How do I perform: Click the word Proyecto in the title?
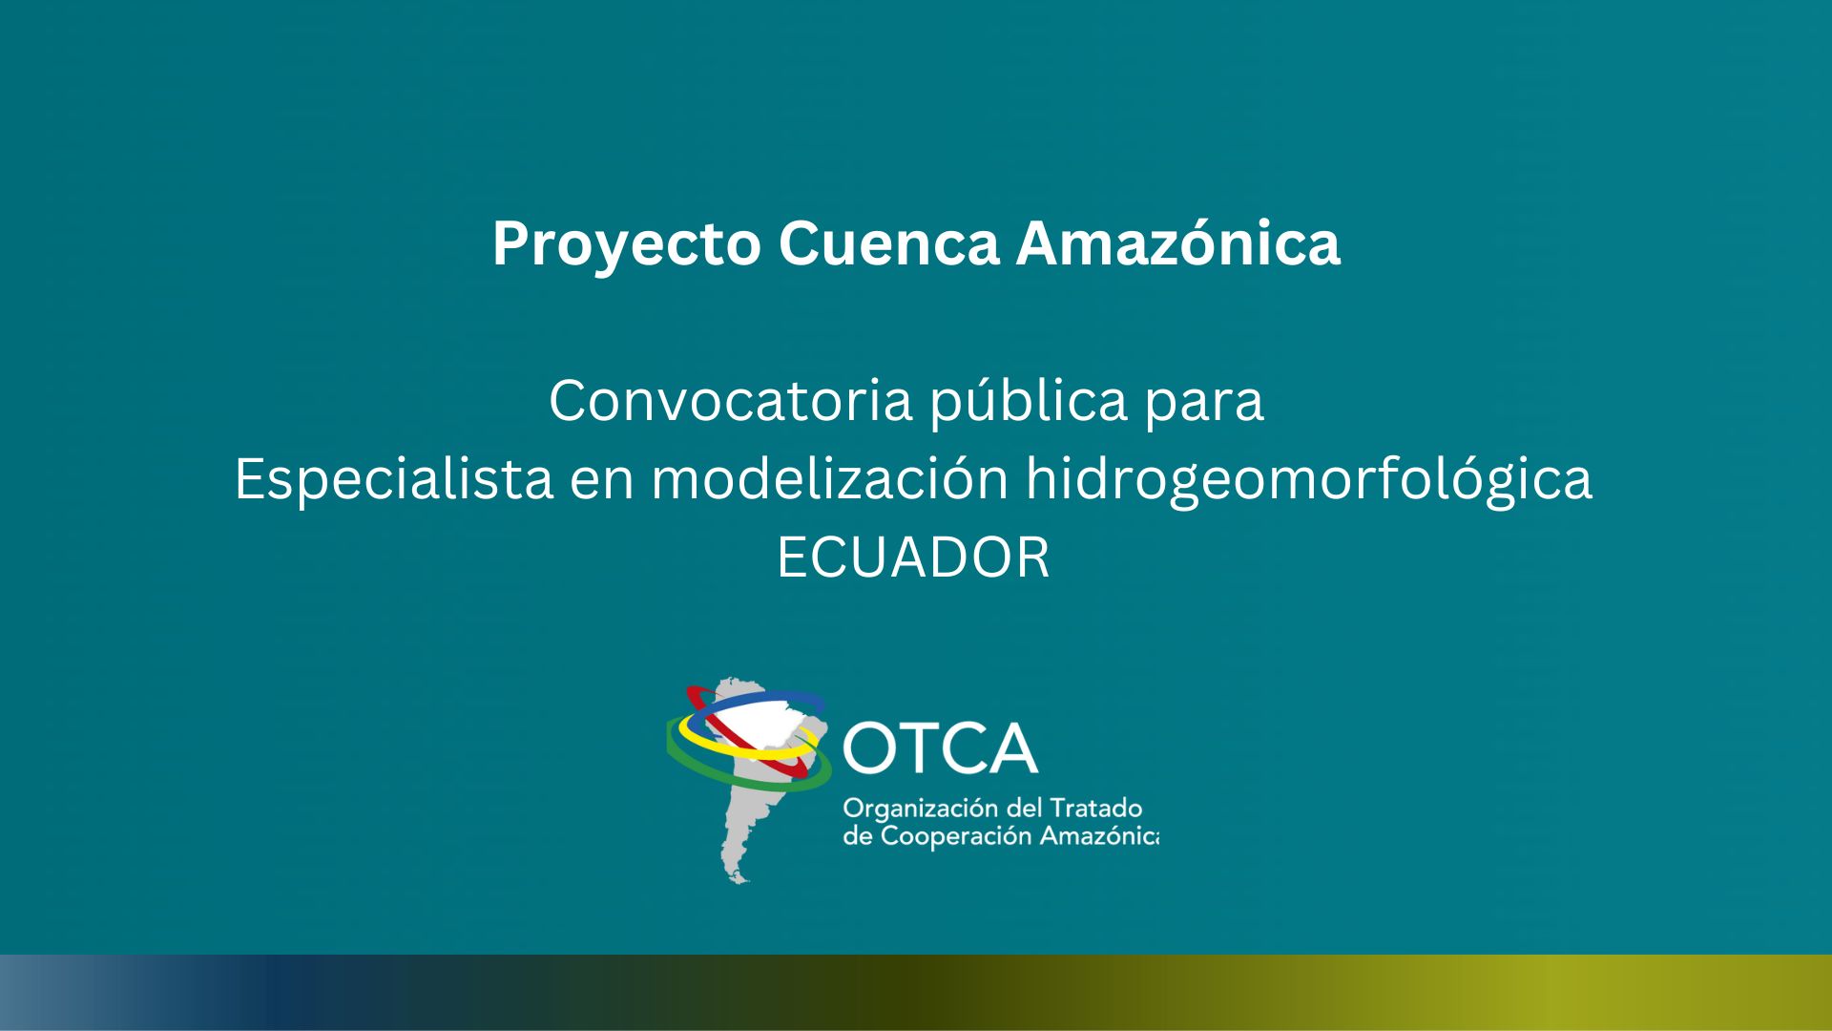626,245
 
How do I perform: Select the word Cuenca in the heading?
888,243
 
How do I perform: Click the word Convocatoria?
731,400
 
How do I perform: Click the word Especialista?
394,478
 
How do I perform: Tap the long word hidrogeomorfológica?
1309,478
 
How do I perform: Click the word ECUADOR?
913,558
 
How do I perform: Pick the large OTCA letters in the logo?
940,747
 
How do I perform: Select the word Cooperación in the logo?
955,837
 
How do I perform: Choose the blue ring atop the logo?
763,700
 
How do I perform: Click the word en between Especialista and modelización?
602,482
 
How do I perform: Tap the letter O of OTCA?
867,748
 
